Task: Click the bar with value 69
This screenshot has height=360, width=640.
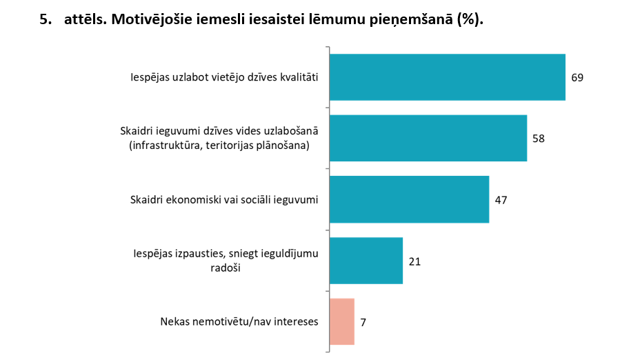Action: (x=447, y=77)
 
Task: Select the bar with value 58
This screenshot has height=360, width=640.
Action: (x=428, y=138)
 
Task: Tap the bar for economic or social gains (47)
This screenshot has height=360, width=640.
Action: (x=409, y=199)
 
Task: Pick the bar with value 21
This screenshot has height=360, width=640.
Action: (x=366, y=261)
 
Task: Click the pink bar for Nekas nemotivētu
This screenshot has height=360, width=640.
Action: (x=342, y=321)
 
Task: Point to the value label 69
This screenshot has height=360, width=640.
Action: (x=577, y=77)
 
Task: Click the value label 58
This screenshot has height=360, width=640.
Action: (x=539, y=138)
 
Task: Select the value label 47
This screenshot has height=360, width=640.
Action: (x=501, y=199)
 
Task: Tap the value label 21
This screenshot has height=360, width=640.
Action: (x=414, y=261)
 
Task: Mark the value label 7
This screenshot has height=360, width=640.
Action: (x=363, y=322)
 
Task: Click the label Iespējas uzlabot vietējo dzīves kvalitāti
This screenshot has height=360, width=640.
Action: (x=224, y=77)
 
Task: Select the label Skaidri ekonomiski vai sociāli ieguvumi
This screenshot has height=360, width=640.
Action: (x=223, y=200)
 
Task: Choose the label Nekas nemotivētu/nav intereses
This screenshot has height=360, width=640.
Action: (x=239, y=322)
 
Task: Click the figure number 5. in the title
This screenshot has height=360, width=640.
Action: (x=46, y=20)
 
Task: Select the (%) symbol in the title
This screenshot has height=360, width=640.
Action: (x=470, y=20)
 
